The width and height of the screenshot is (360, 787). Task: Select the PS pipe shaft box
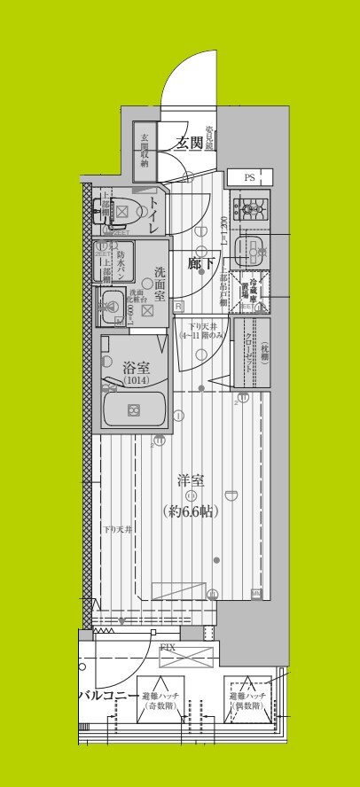tap(249, 177)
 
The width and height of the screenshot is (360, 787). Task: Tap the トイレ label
tap(154, 215)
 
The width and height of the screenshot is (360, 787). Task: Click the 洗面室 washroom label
tap(160, 283)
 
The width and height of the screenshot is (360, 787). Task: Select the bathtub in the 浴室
tap(133, 409)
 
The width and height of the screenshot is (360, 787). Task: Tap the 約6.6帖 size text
tap(190, 510)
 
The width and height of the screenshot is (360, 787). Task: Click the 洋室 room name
tap(190, 481)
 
